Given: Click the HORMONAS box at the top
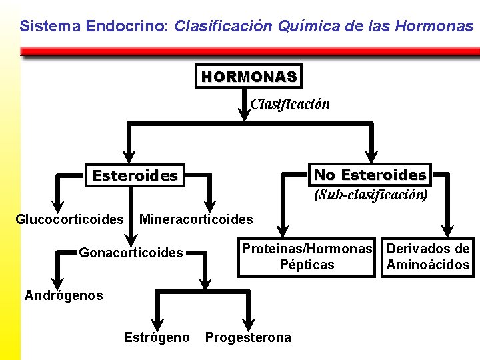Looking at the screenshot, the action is tap(249, 77).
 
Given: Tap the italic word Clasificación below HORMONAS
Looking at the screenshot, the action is tap(289, 104).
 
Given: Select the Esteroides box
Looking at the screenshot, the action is tap(135, 176).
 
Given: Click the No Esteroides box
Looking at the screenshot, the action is tap(369, 175).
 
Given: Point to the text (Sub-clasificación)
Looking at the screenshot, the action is tap(371, 195).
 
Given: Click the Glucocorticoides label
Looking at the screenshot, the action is tap(70, 219).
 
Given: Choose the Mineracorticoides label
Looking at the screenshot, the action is tap(196, 219).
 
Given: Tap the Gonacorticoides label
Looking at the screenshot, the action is tap(131, 253).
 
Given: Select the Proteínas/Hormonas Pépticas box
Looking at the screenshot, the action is tap(307, 257).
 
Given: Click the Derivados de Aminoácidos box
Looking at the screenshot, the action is tap(428, 257).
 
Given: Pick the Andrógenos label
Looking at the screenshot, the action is tap(64, 295).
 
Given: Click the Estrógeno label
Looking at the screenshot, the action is tap(157, 337).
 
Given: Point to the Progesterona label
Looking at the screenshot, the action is tap(248, 337).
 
